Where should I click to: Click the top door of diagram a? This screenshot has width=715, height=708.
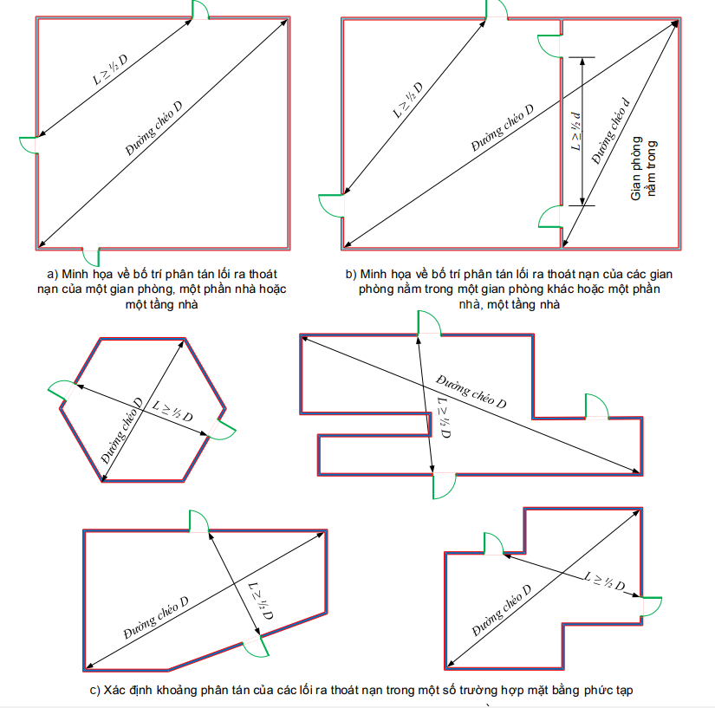point(198,10)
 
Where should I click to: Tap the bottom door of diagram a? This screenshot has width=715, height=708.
point(91,256)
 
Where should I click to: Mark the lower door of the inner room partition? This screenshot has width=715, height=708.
point(552,215)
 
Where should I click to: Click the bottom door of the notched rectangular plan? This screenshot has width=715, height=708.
point(445,484)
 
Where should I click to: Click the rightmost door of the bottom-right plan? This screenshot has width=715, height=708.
point(650,606)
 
